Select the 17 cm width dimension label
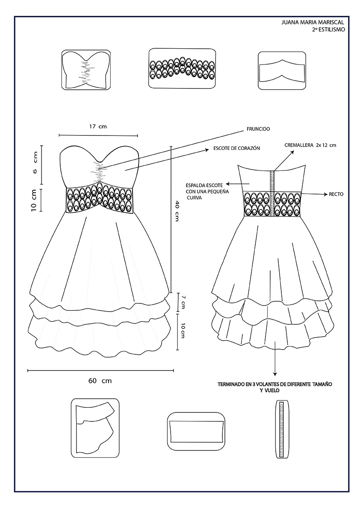98,127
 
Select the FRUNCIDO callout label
258,129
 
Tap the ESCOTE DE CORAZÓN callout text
234,148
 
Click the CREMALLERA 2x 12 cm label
310,145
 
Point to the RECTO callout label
336,194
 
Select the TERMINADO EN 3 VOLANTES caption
274,387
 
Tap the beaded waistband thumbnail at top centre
181,69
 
